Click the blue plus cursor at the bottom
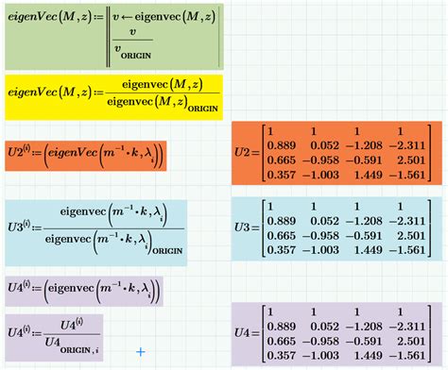[x=141, y=352]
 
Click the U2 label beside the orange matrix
[x=245, y=150]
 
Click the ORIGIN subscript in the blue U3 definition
[x=161, y=249]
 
